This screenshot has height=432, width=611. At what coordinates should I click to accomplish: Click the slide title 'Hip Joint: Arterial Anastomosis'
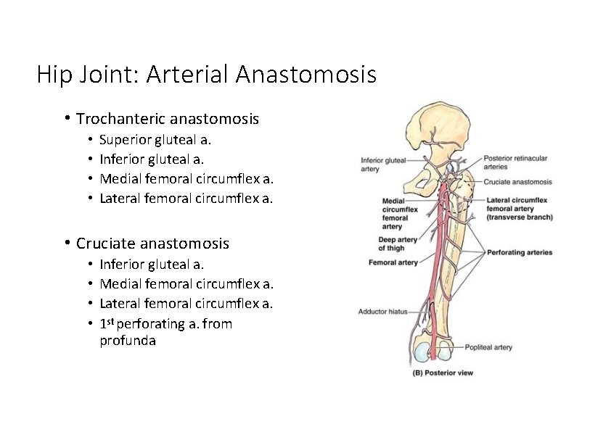coord(206,74)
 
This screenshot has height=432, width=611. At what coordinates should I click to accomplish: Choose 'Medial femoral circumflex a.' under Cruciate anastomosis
coord(186,283)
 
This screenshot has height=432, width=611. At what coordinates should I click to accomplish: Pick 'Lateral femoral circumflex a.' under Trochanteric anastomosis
coord(186,198)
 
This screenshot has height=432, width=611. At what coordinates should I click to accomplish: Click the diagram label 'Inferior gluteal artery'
coord(383,164)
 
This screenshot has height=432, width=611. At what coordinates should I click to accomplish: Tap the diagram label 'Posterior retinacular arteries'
coord(515,162)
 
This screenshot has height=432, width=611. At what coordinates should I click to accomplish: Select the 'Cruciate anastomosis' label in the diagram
coord(517,182)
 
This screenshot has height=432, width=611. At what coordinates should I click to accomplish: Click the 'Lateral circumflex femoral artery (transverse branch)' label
coord(520,208)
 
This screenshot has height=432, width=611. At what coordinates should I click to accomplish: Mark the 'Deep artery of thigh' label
coord(397,244)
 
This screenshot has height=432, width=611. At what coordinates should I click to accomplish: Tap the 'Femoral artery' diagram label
coord(393,262)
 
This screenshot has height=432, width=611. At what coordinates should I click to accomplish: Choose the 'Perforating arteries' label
coord(520,252)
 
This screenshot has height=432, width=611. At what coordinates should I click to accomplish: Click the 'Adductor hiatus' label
coord(382,312)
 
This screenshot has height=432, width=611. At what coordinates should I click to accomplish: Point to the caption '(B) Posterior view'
coord(443,373)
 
